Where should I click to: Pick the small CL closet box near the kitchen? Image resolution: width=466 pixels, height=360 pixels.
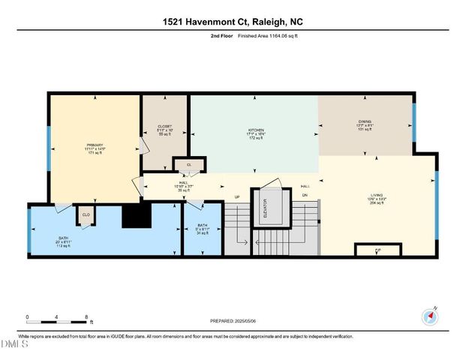(189, 164)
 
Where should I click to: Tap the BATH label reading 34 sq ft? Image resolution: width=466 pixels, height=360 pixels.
(203, 228)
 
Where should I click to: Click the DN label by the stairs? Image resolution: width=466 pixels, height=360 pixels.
(305, 196)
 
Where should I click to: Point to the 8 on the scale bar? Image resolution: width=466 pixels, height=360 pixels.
(87, 316)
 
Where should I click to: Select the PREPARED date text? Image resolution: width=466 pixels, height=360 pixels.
(233, 321)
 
